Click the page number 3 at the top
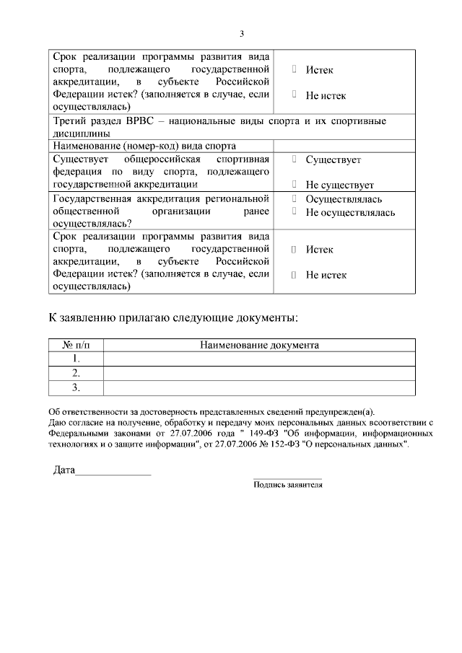[242, 33]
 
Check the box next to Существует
[295, 159]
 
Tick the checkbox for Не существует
[295, 185]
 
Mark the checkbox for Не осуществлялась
[295, 212]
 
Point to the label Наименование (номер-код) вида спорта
[144, 146]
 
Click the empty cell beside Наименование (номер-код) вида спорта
[344, 146]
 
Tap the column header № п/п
[76, 345]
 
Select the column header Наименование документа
[259, 345]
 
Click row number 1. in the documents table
[76, 359]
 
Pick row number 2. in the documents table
[76, 373]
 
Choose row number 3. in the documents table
[76, 388]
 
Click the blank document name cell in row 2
[259, 373]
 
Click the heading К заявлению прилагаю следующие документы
[172, 317]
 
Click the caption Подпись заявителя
[287, 485]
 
